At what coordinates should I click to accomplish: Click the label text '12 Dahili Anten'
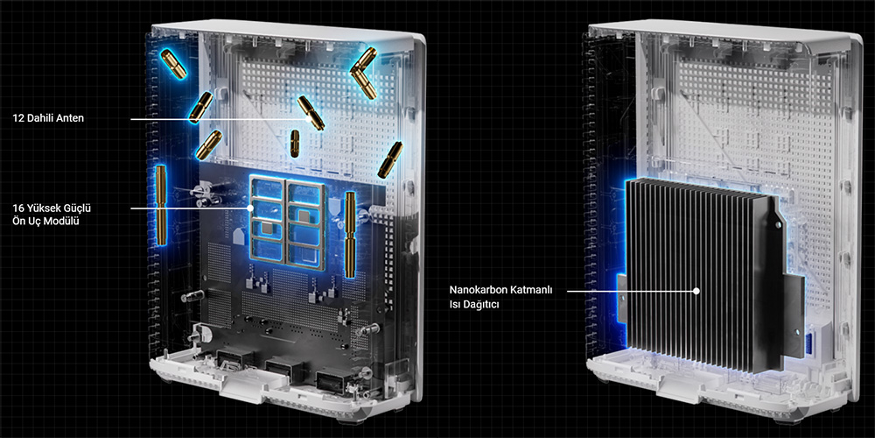(x=48, y=119)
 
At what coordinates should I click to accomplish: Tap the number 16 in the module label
(x=17, y=208)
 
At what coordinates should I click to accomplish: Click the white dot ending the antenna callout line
(x=307, y=119)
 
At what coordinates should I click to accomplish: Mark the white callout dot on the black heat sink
(x=696, y=291)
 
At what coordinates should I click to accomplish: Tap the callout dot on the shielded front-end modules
(x=250, y=208)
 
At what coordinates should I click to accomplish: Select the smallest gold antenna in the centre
(x=295, y=143)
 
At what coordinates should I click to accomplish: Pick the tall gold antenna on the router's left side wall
(x=161, y=205)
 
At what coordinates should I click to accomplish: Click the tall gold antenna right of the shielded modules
(x=351, y=234)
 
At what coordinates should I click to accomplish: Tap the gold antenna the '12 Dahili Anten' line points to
(x=311, y=112)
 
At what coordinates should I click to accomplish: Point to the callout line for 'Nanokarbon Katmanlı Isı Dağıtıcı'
(x=631, y=291)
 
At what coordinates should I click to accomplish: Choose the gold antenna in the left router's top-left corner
(x=174, y=63)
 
